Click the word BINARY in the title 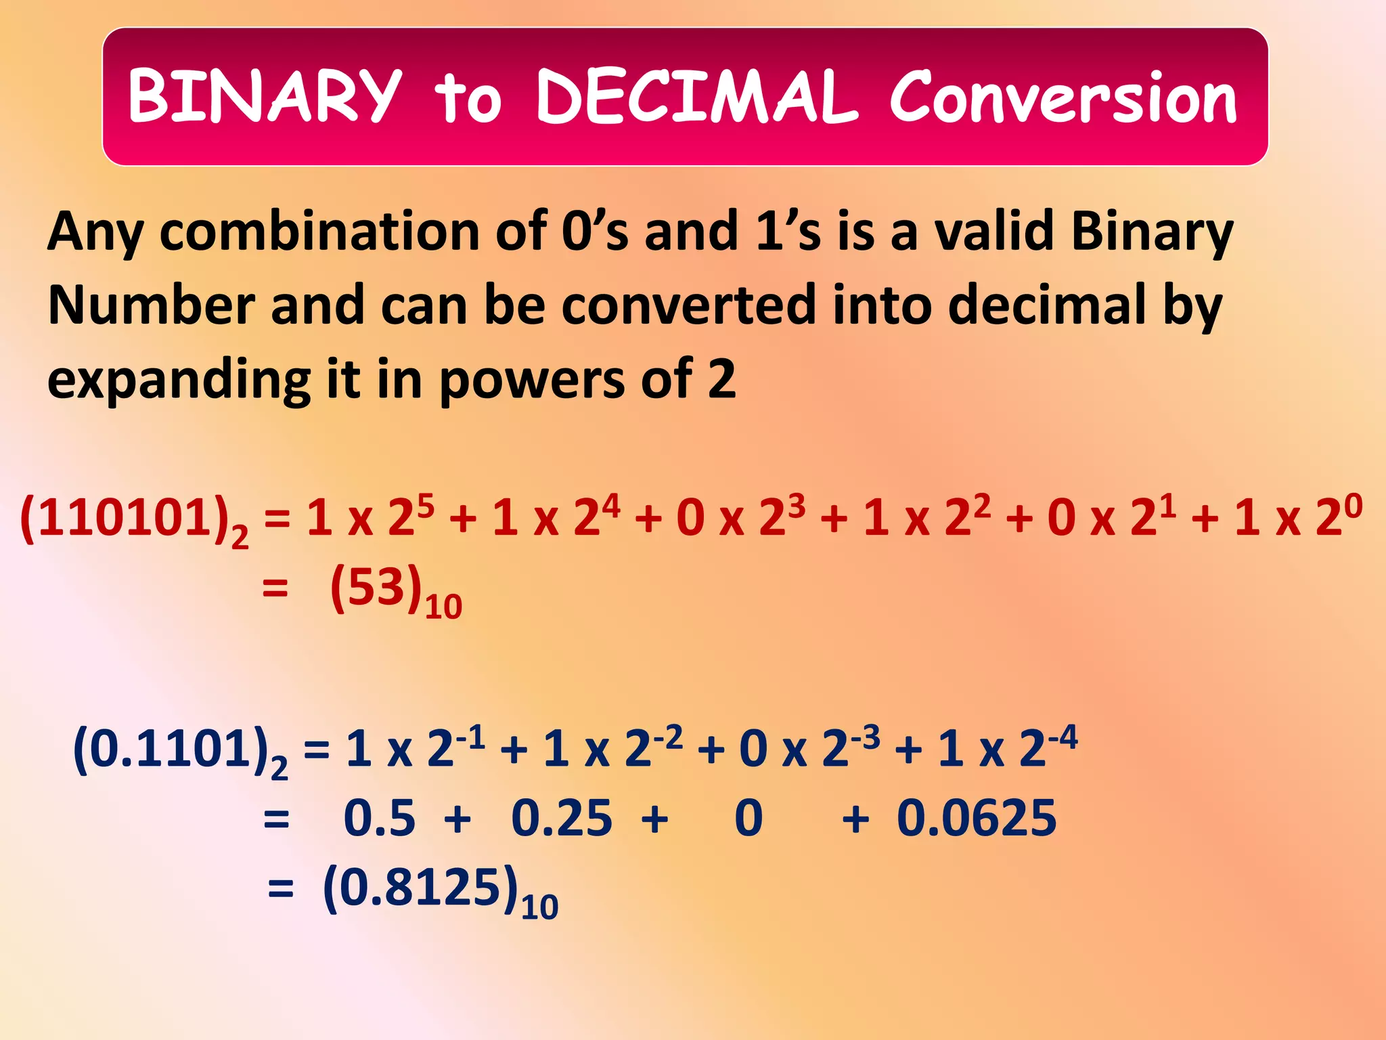[x=265, y=96]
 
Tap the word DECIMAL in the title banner [x=696, y=96]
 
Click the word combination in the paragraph [x=319, y=232]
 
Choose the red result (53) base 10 [x=376, y=588]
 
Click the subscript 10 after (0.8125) [x=539, y=907]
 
